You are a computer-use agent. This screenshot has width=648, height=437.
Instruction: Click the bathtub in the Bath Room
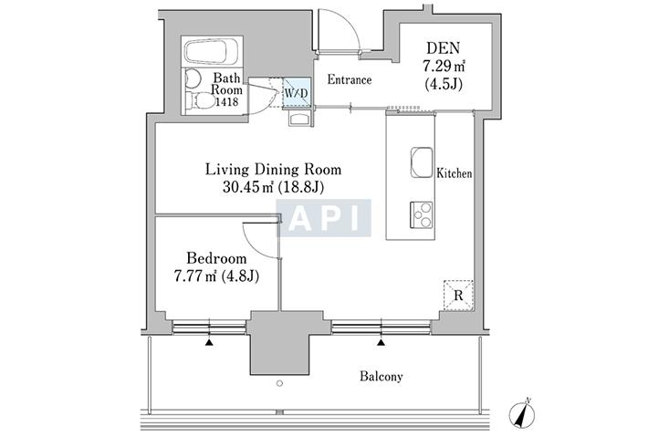205,52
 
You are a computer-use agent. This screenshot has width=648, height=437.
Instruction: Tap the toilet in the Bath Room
200,100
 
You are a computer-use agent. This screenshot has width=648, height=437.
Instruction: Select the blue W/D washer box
297,93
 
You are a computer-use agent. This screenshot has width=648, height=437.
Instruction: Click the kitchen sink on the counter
422,162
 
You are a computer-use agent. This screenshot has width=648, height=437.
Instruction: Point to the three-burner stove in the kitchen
421,214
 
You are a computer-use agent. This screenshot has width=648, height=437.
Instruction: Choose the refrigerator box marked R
458,295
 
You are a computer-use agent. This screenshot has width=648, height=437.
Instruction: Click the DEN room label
443,48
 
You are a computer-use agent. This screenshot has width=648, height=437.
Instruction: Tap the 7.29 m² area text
444,66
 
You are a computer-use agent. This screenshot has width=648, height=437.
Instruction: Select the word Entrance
350,79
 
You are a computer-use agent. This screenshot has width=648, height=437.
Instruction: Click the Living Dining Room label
273,170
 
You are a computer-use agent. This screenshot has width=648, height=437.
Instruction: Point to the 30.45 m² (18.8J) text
273,188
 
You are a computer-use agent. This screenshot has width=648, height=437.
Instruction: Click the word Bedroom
216,258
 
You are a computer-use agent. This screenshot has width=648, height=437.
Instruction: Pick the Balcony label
381,377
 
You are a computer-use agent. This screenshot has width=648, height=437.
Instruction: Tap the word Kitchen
455,173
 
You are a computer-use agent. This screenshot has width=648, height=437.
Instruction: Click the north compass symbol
522,413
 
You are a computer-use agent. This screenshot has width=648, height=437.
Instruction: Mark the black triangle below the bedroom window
210,342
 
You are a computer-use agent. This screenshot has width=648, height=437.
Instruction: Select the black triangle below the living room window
381,342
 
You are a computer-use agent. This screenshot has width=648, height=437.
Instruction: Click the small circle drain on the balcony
280,383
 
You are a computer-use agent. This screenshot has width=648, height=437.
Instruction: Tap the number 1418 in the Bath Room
226,101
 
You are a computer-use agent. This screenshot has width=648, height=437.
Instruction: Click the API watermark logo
324,218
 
